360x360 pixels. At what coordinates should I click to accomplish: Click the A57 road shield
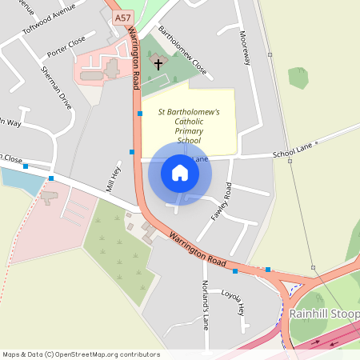tap(122, 17)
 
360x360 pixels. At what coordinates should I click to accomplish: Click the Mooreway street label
tap(245, 50)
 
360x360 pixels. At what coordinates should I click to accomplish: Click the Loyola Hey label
tap(238, 301)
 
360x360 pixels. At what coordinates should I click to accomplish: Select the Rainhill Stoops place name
tap(325, 313)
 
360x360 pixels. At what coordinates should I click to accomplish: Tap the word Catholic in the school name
tap(189, 120)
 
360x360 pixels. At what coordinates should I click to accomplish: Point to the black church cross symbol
tap(158, 63)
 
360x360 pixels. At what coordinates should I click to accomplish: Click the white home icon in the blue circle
tap(180, 173)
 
